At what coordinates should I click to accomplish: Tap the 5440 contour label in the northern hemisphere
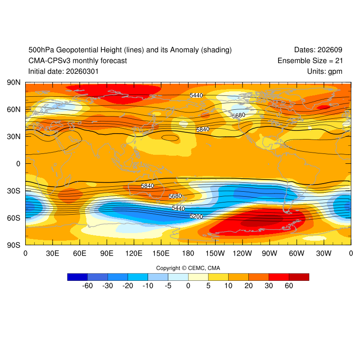click(196, 95)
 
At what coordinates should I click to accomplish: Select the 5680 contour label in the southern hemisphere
click(175, 196)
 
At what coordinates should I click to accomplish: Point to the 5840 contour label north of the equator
click(203, 130)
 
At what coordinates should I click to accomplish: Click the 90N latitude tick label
click(13, 83)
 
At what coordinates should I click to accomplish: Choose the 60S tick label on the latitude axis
click(13, 218)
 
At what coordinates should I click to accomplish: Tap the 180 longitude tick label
click(188, 253)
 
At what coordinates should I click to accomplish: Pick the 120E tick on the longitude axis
click(134, 253)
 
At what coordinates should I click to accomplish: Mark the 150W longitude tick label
click(215, 253)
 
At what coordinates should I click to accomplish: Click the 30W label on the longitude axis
click(324, 253)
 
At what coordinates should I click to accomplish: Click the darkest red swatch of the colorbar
click(299, 277)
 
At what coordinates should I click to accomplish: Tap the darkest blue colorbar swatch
click(77, 277)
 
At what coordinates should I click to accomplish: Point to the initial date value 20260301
click(82, 71)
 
